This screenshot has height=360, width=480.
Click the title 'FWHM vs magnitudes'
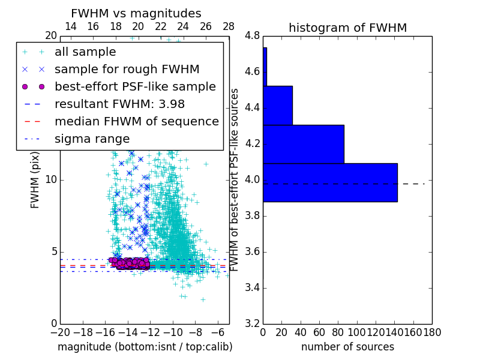pyautogui.click(x=136, y=13)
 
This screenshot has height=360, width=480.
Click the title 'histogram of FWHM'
pyautogui.click(x=347, y=28)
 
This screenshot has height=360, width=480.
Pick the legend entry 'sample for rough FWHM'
pyautogui.click(x=127, y=69)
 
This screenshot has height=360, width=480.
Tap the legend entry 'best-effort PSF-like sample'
pyautogui.click(x=135, y=86)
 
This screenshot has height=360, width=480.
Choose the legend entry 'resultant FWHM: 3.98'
pyautogui.click(x=119, y=104)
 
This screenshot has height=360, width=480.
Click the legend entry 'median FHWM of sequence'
pyautogui.click(x=136, y=121)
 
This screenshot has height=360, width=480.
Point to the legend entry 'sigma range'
pyautogui.click(x=92, y=139)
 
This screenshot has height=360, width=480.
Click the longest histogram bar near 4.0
pyautogui.click(x=330, y=182)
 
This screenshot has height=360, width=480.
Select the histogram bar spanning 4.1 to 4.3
pyautogui.click(x=304, y=144)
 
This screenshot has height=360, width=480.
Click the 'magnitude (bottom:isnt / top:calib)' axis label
pyautogui.click(x=145, y=347)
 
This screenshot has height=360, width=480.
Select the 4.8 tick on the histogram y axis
pyautogui.click(x=253, y=36)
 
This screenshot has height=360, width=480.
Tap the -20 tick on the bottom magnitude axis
pyautogui.click(x=60, y=332)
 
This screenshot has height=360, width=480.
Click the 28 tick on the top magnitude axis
pyautogui.click(x=229, y=26)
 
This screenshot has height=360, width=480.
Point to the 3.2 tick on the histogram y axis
pyautogui.click(x=253, y=323)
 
